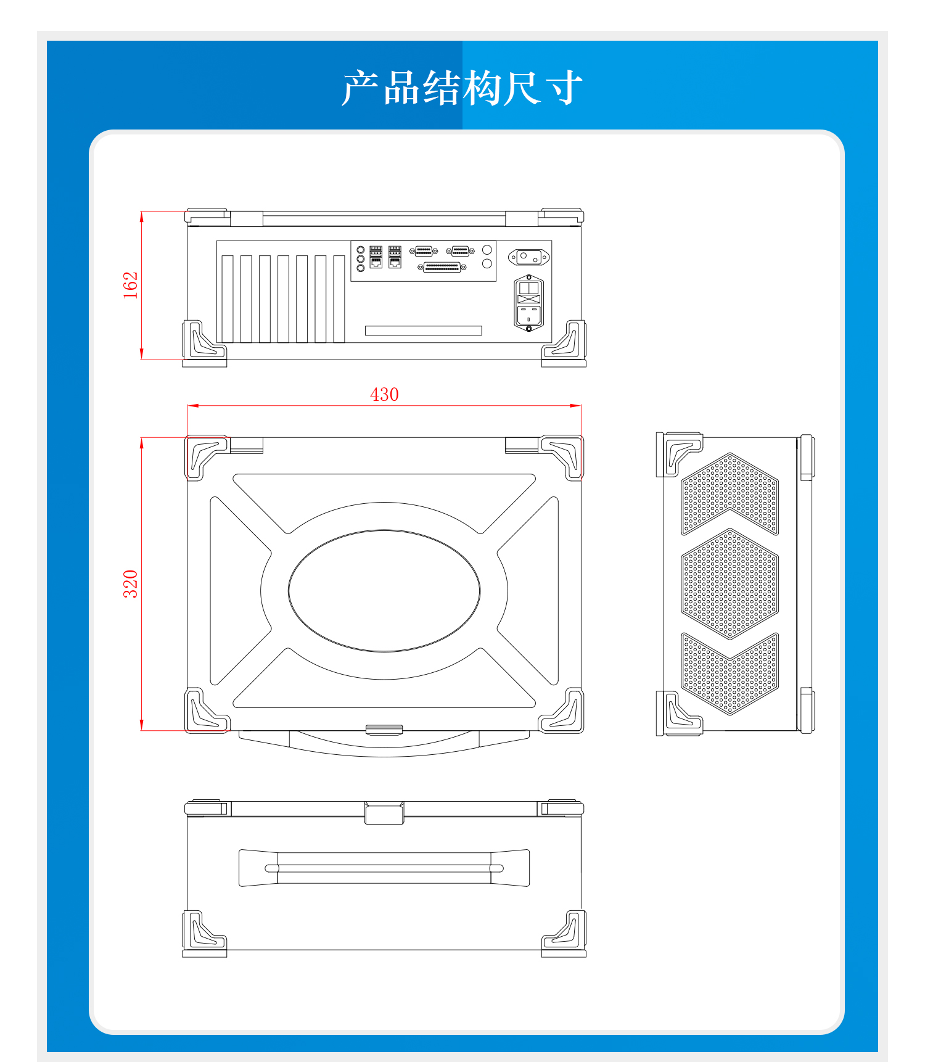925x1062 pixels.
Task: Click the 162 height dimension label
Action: pos(130,285)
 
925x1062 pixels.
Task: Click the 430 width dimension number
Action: pos(384,394)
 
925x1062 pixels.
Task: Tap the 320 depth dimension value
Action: pos(130,583)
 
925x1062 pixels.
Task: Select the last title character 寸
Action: pos(564,88)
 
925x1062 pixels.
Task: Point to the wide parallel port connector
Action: pos(442,267)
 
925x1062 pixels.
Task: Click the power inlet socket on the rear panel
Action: pos(528,303)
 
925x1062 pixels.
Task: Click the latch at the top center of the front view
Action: pos(384,813)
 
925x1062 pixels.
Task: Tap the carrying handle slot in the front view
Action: pos(384,868)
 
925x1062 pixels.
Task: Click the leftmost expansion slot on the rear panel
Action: pos(228,299)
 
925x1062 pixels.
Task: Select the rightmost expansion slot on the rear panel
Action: pos(339,299)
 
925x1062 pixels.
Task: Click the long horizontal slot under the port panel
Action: pos(423,331)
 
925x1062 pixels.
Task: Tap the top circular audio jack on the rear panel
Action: pos(361,249)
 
